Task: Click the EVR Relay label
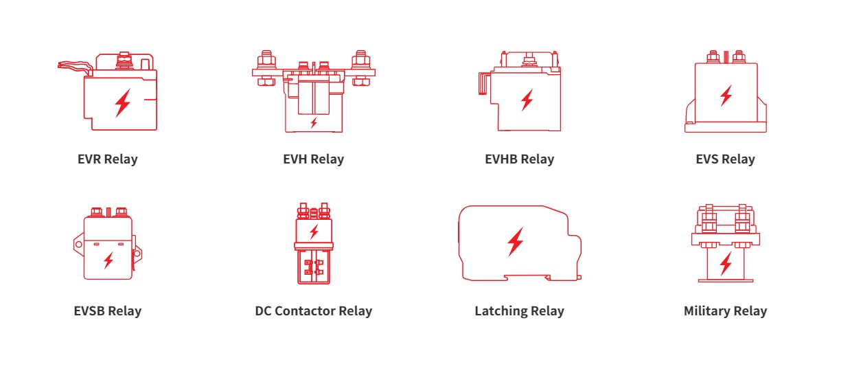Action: point(107,159)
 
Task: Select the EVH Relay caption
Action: point(314,159)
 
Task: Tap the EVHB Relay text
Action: point(520,159)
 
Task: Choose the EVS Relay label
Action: point(725,159)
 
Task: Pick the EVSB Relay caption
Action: point(107,311)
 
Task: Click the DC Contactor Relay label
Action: point(314,311)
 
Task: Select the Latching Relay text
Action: point(520,311)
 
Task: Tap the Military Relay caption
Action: point(725,311)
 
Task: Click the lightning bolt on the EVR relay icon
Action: point(123,103)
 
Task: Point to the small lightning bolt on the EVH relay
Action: point(314,123)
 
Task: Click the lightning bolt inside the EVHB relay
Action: point(527,100)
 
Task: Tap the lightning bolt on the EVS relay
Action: point(726,95)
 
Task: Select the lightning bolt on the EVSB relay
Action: point(108,260)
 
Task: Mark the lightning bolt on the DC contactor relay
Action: point(314,232)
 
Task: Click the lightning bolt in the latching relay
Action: point(516,242)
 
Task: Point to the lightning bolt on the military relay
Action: point(726,264)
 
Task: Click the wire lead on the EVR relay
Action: point(75,67)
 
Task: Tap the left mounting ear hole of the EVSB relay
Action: point(78,244)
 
